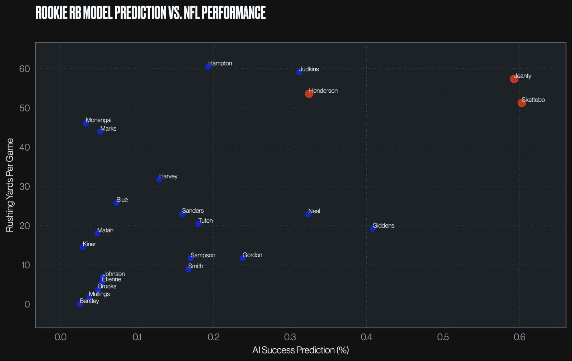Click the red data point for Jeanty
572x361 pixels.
[514, 79]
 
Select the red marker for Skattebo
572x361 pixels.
[522, 103]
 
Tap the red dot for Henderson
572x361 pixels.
[309, 93]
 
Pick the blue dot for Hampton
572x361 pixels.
[208, 66]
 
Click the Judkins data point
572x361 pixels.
[299, 72]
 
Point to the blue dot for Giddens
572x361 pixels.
[373, 229]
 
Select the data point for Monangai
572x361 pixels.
[86, 123]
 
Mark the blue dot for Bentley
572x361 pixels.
[80, 304]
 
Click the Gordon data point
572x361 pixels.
[243, 258]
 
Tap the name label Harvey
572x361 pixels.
[168, 176]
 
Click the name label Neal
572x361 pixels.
[314, 211]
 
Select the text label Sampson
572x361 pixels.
[203, 255]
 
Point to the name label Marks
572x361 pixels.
[108, 129]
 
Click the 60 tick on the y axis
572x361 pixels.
[25, 69]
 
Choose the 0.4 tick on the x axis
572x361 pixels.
[366, 337]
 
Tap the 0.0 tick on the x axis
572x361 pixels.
[61, 337]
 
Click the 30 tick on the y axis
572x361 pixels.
[25, 187]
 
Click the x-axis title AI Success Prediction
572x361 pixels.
[300, 350]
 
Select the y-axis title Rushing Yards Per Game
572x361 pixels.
[10, 185]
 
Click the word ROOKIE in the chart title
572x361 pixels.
[52, 13]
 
